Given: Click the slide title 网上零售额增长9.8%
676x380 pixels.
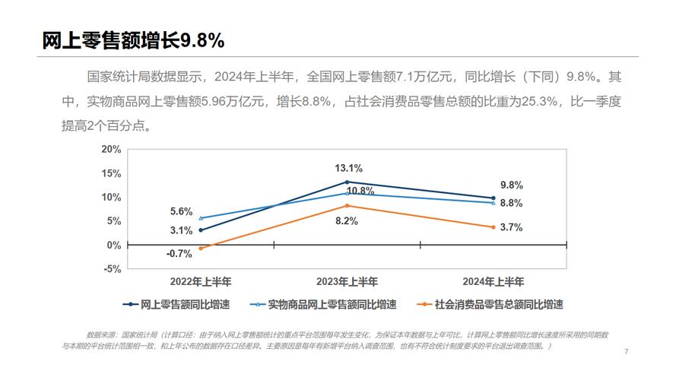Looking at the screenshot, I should [133, 40].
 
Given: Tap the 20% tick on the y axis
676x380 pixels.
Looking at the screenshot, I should [111, 149].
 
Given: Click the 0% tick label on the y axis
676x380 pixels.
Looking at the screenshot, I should [114, 245].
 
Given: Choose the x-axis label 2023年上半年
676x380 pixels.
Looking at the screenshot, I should [347, 281].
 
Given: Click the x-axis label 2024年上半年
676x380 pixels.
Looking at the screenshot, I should [494, 281].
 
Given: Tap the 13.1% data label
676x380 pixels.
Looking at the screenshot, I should [348, 168].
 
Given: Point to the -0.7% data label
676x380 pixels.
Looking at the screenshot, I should [179, 254].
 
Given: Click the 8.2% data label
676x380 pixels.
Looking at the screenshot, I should [347, 220].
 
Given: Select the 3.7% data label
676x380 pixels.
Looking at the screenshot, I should [511, 227].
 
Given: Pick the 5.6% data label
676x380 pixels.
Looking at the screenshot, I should [181, 212].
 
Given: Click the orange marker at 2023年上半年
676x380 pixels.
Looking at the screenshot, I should [348, 206].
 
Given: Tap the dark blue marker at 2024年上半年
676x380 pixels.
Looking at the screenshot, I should [494, 198].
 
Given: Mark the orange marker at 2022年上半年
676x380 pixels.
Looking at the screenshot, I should [201, 249].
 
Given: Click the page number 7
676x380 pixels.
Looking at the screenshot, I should [626, 351].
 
